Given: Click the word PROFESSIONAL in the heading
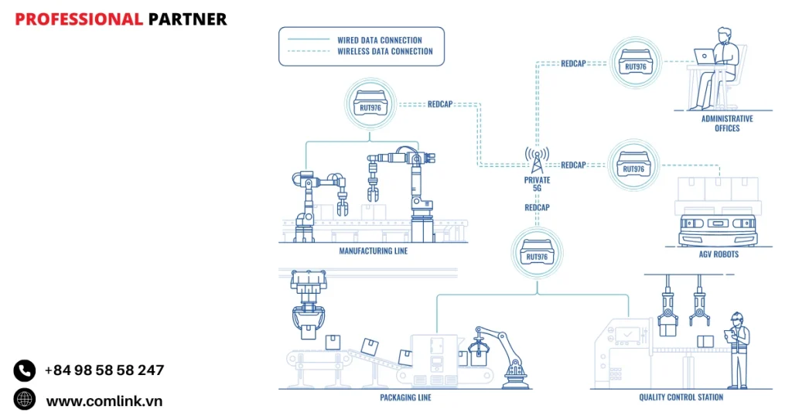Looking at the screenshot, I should tap(78, 19).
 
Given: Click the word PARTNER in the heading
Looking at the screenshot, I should tap(187, 19).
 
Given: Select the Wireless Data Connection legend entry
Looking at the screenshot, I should tap(384, 52).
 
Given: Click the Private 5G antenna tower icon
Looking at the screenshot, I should tap(537, 159).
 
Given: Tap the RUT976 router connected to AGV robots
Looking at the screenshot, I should tap(633, 165).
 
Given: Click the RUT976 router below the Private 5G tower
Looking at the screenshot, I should tap(537, 253).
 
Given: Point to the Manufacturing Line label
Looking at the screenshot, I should tap(373, 251).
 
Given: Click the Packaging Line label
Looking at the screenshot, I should tap(405, 397).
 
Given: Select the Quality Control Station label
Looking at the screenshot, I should tap(681, 397).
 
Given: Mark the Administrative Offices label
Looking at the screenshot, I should tap(726, 124).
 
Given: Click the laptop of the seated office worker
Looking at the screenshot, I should tap(705, 55).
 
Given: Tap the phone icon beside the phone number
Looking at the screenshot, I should tap(25, 370).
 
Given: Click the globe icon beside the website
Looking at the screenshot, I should tap(25, 400).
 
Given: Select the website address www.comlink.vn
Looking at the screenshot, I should tap(104, 401).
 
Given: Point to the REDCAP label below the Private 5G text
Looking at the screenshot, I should tap(537, 208).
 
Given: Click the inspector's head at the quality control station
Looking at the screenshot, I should tap(737, 318).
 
